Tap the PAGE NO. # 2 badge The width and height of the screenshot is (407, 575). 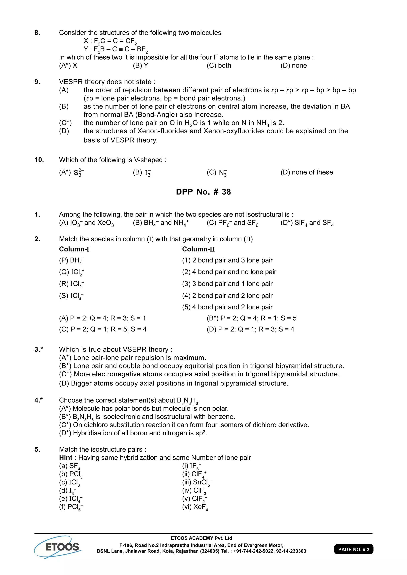point(353,549)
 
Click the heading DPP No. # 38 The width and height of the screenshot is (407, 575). point(203,192)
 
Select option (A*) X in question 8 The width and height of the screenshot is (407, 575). point(68,65)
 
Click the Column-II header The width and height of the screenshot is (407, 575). point(198,249)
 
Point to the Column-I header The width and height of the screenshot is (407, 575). point(74,249)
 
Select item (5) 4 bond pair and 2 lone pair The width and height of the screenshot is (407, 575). point(227,307)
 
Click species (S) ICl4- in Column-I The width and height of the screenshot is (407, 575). point(71,296)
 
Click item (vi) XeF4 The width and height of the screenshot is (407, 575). point(195,507)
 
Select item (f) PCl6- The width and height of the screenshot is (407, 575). point(71,507)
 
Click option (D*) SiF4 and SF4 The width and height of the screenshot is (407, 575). point(307,223)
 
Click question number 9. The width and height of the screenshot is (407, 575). point(37,82)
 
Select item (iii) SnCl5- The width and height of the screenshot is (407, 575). point(197,482)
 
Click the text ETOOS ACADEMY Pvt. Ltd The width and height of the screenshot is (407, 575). point(201,538)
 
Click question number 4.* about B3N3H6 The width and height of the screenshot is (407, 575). point(39,400)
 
